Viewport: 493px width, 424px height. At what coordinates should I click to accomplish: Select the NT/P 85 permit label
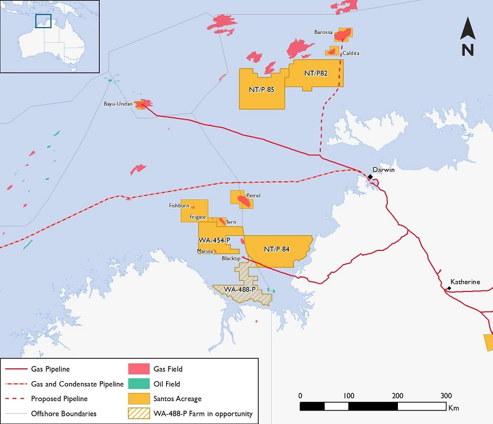261,90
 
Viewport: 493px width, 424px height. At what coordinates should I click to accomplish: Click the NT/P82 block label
316,73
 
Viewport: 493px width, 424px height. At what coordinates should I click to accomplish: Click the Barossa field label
323,33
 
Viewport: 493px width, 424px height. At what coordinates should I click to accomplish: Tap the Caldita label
351,53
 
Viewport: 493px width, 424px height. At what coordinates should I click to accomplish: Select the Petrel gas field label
253,195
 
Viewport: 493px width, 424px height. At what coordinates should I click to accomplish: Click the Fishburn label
179,206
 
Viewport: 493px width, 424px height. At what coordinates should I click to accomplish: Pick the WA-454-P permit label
214,241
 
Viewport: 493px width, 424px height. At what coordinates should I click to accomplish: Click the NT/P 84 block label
276,249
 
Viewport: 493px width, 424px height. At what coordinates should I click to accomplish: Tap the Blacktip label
232,258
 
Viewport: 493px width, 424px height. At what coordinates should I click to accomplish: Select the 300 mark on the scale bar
445,395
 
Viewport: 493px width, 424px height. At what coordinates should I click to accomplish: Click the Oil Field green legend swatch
137,384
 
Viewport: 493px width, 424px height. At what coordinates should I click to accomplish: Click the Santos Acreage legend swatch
137,398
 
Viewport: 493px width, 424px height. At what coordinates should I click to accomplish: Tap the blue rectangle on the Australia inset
43,21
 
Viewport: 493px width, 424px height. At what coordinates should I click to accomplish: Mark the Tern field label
231,222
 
